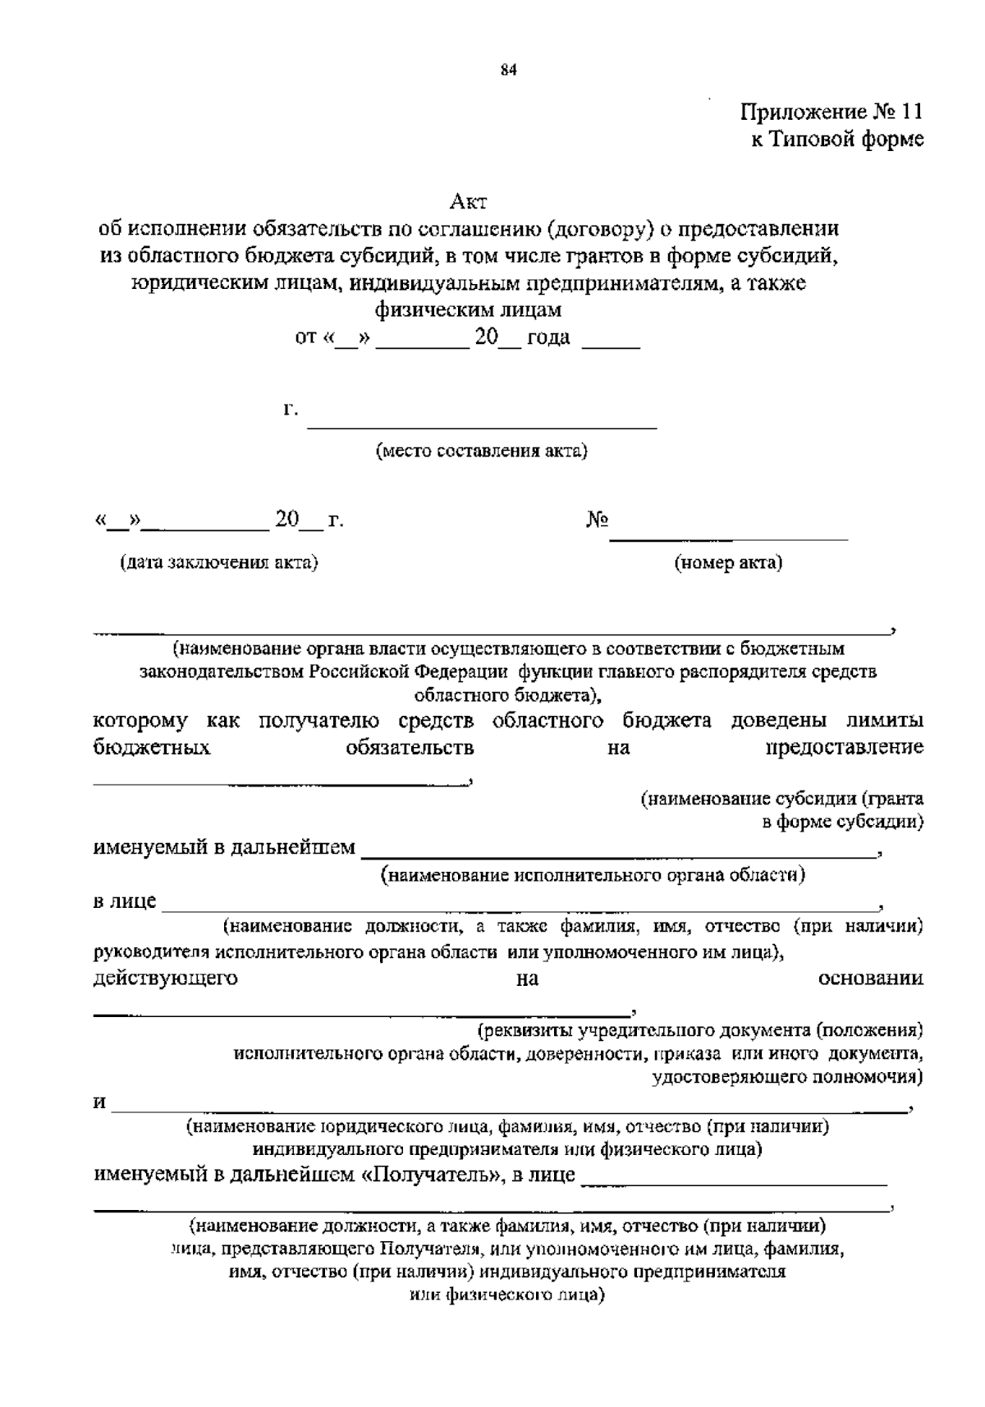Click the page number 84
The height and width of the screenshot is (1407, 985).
point(508,71)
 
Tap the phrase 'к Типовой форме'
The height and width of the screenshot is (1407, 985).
point(837,140)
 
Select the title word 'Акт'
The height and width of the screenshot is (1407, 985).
point(469,200)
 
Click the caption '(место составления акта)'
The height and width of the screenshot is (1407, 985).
point(482,451)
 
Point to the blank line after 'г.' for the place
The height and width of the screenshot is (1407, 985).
point(482,425)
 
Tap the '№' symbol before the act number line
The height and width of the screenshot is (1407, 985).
point(598,520)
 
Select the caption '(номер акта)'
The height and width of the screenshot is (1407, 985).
point(728,562)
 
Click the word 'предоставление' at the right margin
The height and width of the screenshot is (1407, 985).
point(845,747)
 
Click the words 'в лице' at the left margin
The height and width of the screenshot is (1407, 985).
point(125,901)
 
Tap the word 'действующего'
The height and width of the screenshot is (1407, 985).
point(166,978)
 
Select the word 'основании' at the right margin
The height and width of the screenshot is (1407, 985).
point(871,978)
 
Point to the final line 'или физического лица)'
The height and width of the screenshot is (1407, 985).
point(506,1296)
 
